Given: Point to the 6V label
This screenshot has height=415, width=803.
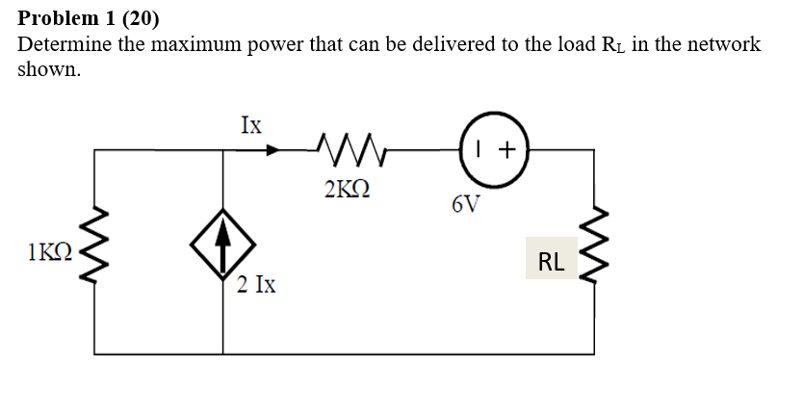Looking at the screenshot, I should pyautogui.click(x=464, y=205).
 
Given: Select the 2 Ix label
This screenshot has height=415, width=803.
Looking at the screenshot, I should pyautogui.click(x=257, y=285).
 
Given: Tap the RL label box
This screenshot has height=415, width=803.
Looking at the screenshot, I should pyautogui.click(x=552, y=259).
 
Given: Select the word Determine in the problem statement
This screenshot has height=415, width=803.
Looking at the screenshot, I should pyautogui.click(x=64, y=44).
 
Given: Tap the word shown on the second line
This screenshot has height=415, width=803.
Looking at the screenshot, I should pyautogui.click(x=48, y=70).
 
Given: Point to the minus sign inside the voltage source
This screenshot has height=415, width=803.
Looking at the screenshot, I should pyautogui.click(x=481, y=149).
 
